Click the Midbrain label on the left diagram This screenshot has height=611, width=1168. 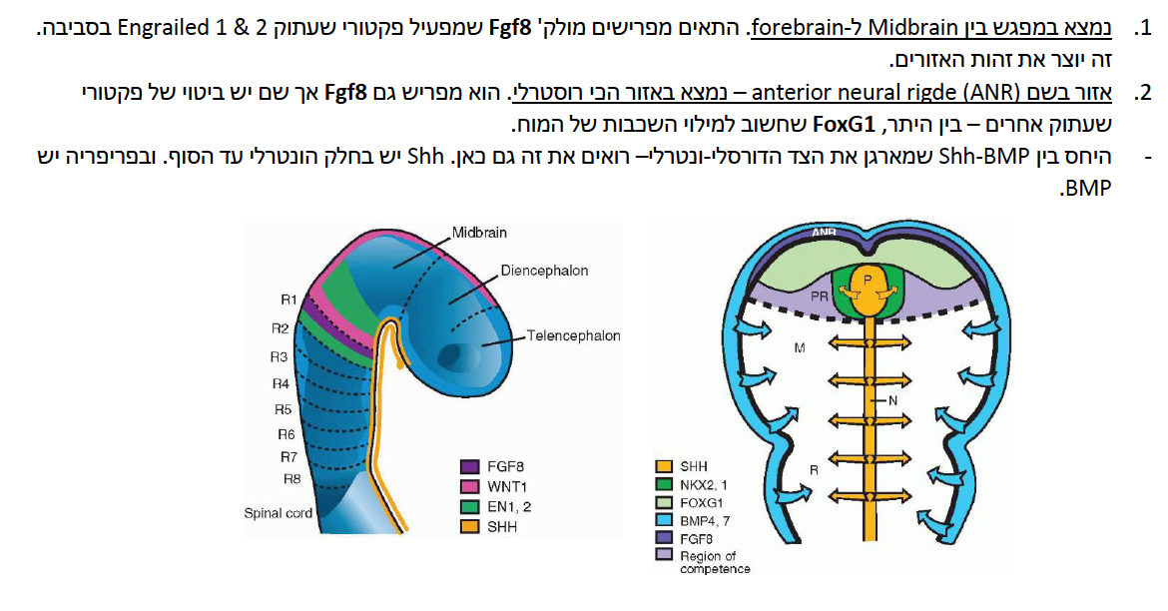479,233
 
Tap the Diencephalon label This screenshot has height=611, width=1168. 544,271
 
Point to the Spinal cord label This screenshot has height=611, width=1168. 278,513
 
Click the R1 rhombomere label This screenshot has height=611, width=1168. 289,299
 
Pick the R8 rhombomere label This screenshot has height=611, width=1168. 292,478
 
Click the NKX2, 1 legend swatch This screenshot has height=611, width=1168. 664,484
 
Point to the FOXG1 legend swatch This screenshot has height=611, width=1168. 664,502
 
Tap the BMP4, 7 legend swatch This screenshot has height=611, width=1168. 664,520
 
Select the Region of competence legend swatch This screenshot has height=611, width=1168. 664,555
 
